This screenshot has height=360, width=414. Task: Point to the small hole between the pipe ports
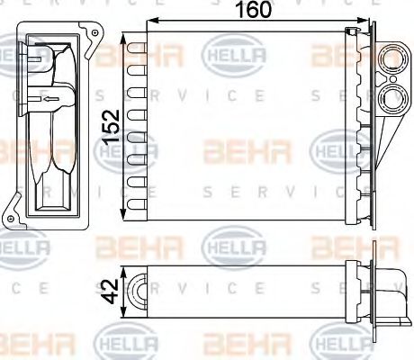click(x=397, y=80)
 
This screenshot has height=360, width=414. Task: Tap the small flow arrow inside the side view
click(x=49, y=100)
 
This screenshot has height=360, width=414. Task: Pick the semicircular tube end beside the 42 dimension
click(x=138, y=290)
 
